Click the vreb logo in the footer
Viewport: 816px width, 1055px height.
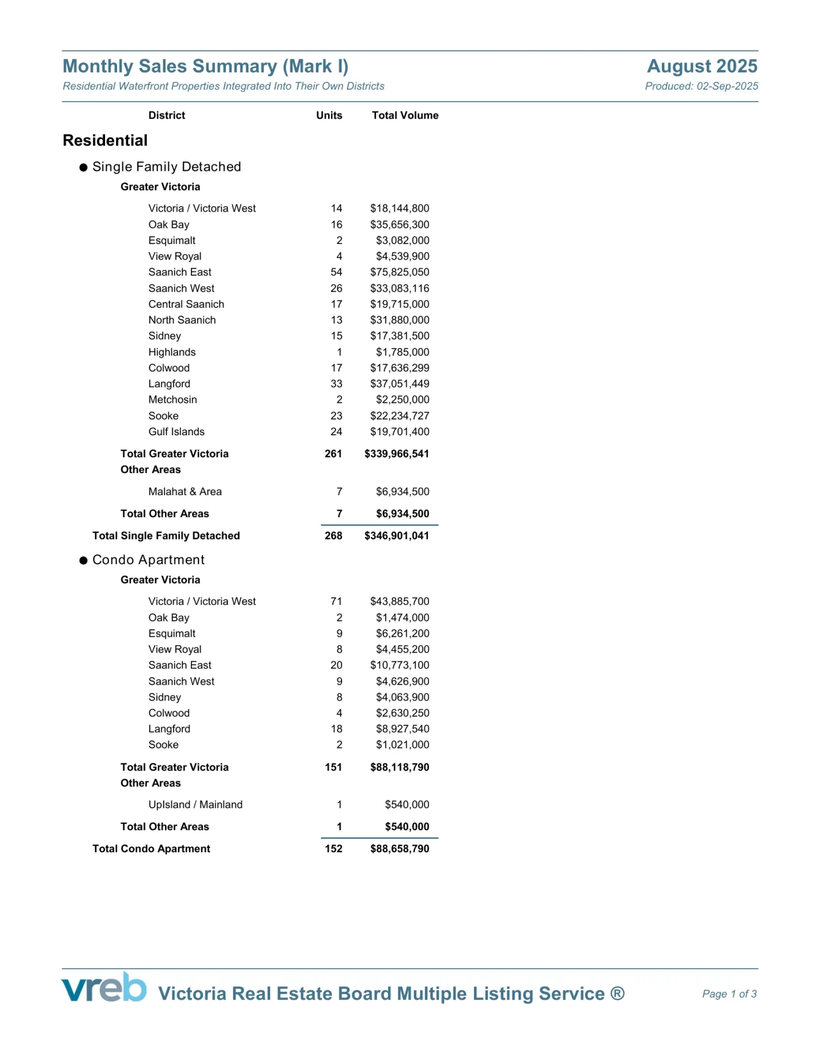(x=104, y=987)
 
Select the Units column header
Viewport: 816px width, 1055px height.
(x=329, y=115)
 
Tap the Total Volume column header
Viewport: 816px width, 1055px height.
(x=405, y=115)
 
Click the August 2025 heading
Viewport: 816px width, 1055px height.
(x=702, y=66)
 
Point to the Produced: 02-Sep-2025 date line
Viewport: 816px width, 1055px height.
(x=701, y=86)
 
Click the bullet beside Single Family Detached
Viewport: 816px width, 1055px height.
(x=84, y=168)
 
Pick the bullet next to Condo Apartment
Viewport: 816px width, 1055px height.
(x=84, y=560)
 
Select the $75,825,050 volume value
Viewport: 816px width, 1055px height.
(x=399, y=272)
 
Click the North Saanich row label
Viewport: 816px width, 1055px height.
(x=182, y=320)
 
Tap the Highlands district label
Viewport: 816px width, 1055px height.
(x=172, y=352)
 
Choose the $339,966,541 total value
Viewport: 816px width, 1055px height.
(x=396, y=454)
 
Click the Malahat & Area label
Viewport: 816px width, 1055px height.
(x=185, y=492)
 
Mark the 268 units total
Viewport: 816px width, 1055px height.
(x=333, y=536)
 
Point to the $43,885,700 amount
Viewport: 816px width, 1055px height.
(x=399, y=601)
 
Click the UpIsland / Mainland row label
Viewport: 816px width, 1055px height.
(x=195, y=804)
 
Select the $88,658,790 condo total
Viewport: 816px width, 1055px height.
(x=399, y=848)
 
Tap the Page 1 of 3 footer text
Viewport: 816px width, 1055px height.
(x=729, y=994)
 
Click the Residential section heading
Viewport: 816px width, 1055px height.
(x=105, y=141)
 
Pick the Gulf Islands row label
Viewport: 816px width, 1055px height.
(x=177, y=432)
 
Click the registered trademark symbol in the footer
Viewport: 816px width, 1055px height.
(x=617, y=993)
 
